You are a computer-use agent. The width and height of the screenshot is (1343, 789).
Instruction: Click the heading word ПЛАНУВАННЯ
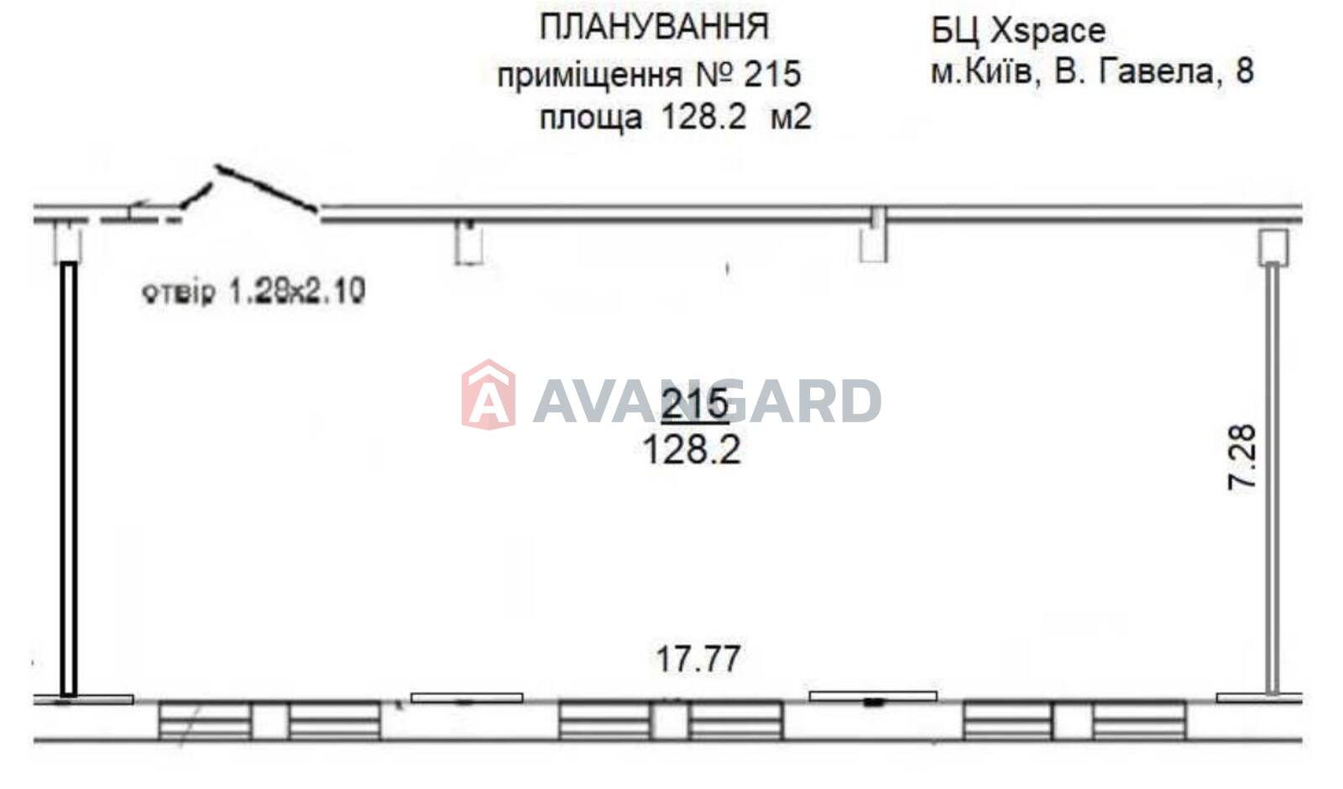pyautogui.click(x=654, y=28)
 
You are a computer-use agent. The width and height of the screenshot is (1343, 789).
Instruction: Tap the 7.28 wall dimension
pyautogui.click(x=1241, y=457)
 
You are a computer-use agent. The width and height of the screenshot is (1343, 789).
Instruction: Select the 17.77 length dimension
pyautogui.click(x=698, y=659)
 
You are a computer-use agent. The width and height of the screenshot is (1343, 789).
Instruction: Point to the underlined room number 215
pyautogui.click(x=694, y=404)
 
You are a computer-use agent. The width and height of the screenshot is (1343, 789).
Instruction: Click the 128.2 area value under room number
pyautogui.click(x=692, y=450)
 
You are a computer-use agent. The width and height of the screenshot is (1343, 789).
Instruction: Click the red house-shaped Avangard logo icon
pyautogui.click(x=488, y=394)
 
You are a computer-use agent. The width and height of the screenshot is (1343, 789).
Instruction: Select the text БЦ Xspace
pyautogui.click(x=1018, y=30)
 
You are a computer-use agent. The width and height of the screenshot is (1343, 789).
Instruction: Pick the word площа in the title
pyautogui.click(x=591, y=117)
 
